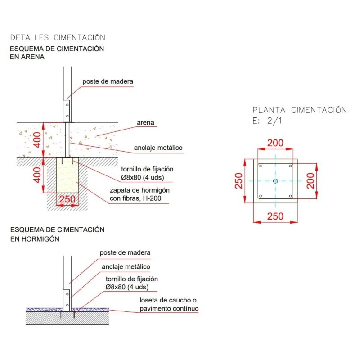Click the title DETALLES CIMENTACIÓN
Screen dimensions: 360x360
58,37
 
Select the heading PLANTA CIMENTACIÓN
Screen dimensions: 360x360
300,110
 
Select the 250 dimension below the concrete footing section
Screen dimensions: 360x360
67,199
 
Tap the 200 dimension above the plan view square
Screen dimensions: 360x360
275,143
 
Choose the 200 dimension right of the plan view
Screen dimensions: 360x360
310,180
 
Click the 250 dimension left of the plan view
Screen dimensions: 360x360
239,180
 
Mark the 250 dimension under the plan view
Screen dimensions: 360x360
275,216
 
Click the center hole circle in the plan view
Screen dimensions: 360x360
275,181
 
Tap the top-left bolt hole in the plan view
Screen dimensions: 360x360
261,166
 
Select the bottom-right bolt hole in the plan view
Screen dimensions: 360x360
290,196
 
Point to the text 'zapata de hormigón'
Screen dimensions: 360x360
137,190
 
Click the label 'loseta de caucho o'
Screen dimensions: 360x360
168,300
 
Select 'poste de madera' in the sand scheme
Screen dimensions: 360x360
108,81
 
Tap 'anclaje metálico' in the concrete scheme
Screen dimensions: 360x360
126,266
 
